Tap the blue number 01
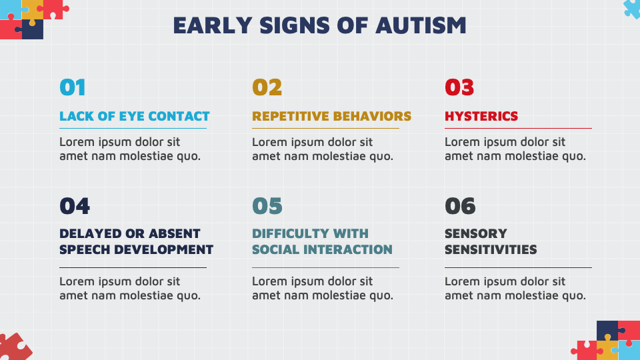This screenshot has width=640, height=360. point(73,87)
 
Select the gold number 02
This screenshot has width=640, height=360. point(267,87)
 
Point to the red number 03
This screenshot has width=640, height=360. point(459,87)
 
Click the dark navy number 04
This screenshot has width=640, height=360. point(74,206)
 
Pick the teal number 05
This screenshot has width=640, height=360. point(267,206)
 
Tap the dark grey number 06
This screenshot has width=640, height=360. point(460,206)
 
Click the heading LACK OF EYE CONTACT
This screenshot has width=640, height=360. point(134,116)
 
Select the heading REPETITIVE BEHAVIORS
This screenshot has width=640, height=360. point(331,116)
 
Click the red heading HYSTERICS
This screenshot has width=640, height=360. point(481,116)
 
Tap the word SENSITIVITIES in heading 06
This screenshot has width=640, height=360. point(490,250)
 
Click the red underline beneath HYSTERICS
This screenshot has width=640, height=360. point(518,128)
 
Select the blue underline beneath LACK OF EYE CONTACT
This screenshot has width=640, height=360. point(133,128)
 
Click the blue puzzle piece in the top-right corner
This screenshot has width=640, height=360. point(631,7)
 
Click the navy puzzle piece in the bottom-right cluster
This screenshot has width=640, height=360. point(606,329)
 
